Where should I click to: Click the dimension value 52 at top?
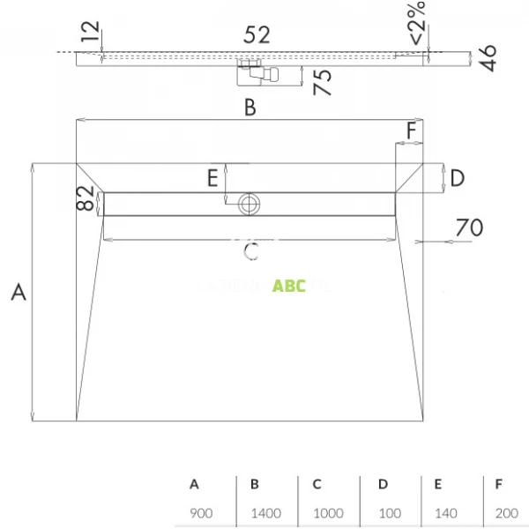[x=257, y=35]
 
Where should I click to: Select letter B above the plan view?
[x=250, y=108]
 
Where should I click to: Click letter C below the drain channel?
[x=250, y=252]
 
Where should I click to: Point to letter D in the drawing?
[x=457, y=178]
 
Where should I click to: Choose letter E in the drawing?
[x=212, y=179]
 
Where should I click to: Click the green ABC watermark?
[x=289, y=286]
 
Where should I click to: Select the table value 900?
[x=200, y=512]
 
